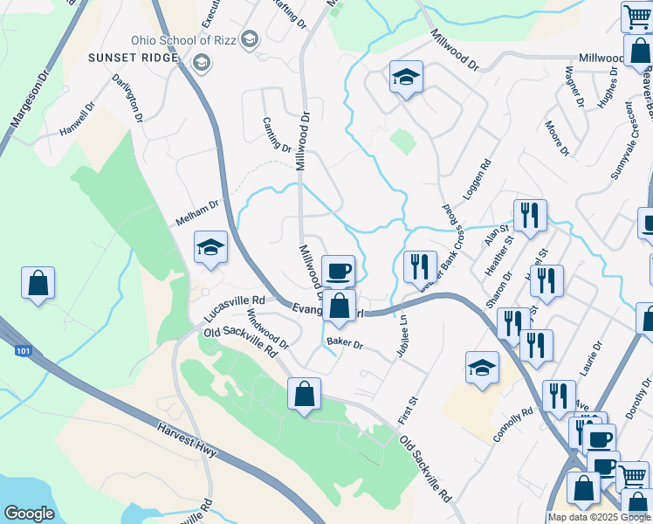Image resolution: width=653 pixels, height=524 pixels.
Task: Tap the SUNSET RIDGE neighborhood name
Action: pyautogui.click(x=132, y=58)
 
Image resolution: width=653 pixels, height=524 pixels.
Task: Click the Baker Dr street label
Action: pyautogui.click(x=344, y=343)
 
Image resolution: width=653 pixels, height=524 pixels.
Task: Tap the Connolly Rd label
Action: pyautogui.click(x=512, y=424)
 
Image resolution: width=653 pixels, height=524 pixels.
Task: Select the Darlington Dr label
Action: pyautogui.click(x=127, y=97)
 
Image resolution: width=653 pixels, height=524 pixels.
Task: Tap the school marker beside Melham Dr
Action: pyautogui.click(x=210, y=249)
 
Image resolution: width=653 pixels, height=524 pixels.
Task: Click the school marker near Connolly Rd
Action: pyautogui.click(x=481, y=368)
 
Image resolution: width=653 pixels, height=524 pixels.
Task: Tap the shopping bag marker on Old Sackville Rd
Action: pyautogui.click(x=304, y=394)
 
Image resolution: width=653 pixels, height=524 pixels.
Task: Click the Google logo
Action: pyautogui.click(x=29, y=514)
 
